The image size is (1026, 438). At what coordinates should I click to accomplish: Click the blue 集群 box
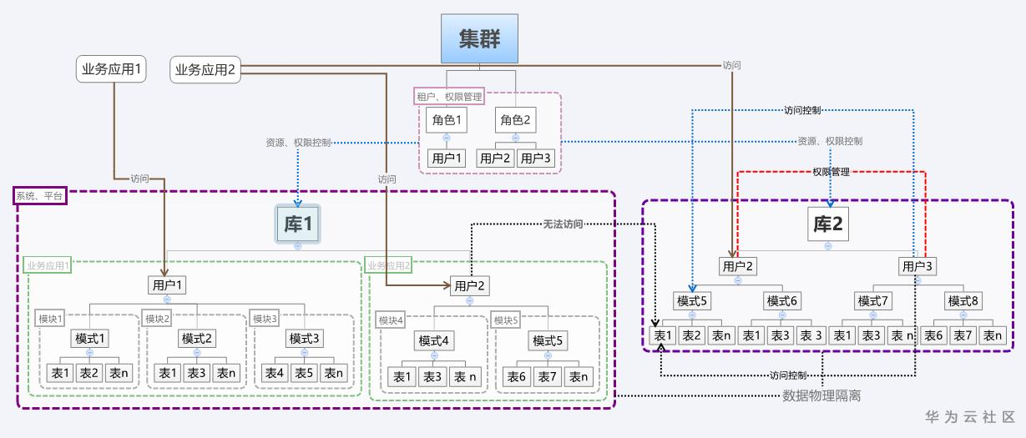pos(479,38)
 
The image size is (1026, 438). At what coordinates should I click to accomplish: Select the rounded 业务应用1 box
pos(111,69)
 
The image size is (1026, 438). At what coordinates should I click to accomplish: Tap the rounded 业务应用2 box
pos(205,69)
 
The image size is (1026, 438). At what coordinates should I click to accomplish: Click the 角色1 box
pos(447,120)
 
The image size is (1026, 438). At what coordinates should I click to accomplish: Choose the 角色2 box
pos(515,120)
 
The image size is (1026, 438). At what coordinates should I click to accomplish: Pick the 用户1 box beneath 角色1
pos(447,159)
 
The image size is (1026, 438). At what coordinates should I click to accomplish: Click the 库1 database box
pos(298,224)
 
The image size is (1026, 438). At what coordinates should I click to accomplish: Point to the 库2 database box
pos(827,224)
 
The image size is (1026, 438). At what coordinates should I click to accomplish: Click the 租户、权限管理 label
pos(449,97)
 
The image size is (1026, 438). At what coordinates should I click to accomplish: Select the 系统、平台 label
pos(40,196)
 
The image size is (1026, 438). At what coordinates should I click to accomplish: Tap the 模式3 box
pos(304,339)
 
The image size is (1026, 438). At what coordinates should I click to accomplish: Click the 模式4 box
pos(433,341)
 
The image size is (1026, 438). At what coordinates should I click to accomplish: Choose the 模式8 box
pos(963,301)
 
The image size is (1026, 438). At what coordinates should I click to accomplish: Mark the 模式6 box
pos(782,301)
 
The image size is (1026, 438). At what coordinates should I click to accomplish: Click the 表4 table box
pos(275,374)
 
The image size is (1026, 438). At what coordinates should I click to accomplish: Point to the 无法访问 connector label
pos(563,224)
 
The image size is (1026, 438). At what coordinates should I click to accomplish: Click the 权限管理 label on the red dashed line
pos(831,172)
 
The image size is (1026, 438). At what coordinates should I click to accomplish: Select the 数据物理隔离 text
pos(821,395)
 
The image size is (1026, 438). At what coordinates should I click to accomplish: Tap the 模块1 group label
pos(50,319)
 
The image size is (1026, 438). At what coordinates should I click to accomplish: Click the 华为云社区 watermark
pos(970,417)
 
